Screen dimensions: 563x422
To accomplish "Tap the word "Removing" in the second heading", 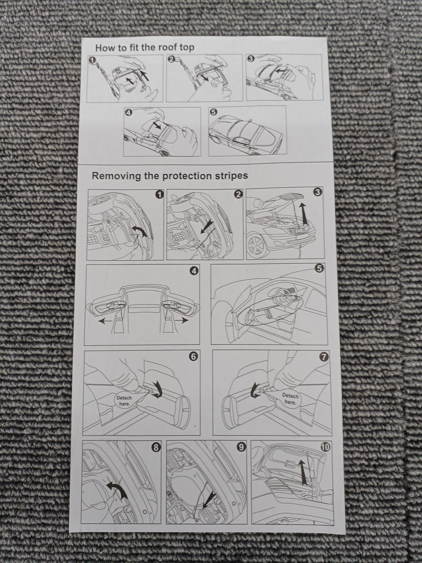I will [x=116, y=176].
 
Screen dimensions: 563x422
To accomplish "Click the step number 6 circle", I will [x=193, y=357].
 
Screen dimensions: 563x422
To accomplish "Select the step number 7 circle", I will [x=324, y=357].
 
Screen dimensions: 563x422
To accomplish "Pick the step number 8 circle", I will [x=155, y=447].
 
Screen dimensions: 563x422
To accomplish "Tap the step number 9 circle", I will [x=240, y=447].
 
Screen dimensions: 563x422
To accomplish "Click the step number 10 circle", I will [x=325, y=447].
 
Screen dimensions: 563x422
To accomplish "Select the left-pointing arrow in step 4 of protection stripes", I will [x=108, y=322].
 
